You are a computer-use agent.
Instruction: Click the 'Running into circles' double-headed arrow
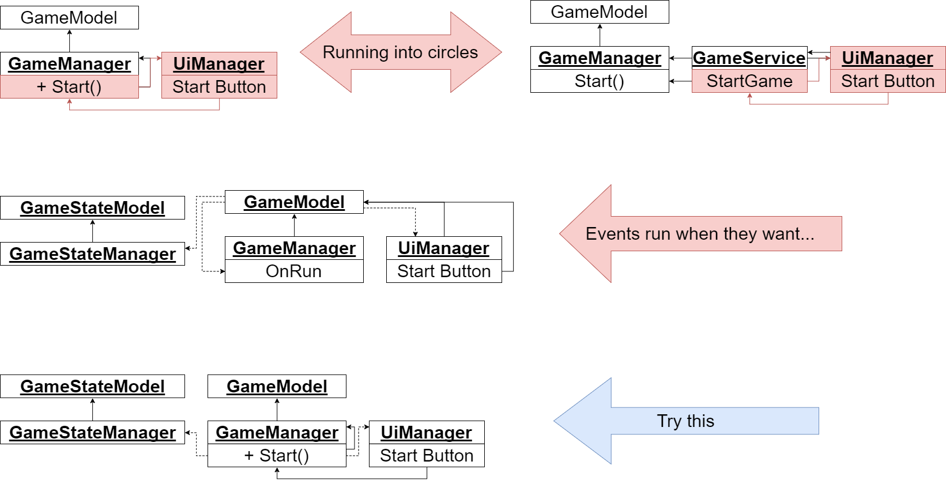point(401,52)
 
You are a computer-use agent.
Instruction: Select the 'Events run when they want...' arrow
point(700,234)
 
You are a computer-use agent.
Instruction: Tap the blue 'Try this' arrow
point(686,421)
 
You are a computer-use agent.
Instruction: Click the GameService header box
point(749,58)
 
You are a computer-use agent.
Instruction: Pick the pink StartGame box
point(749,81)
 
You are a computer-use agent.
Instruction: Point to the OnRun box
point(294,271)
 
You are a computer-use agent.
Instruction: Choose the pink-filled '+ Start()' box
point(69,87)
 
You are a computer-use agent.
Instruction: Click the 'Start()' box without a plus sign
point(600,81)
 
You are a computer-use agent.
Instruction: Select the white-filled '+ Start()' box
point(277,455)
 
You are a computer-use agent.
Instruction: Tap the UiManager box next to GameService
point(888,58)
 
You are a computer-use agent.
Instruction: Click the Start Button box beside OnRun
point(444,271)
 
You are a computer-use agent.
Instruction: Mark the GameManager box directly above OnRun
point(294,248)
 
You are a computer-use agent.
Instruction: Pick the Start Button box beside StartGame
point(888,81)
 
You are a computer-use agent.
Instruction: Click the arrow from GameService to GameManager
point(680,58)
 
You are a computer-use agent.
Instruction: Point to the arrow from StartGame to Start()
point(680,81)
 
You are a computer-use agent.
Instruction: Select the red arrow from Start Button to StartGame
point(819,104)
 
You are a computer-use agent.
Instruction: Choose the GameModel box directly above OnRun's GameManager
point(294,202)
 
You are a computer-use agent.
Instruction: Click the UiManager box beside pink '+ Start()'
point(219,64)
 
